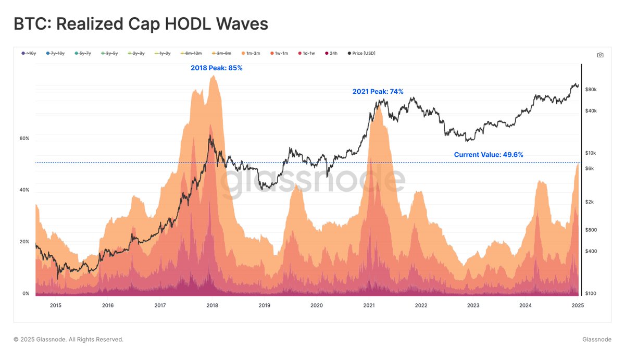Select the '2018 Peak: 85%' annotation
click(x=216, y=68)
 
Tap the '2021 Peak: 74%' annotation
click(x=378, y=92)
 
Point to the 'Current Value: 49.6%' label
click(x=488, y=155)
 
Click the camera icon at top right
click(x=600, y=55)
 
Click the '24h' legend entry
click(x=331, y=53)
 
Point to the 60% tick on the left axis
click(x=24, y=139)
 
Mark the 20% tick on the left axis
click(x=24, y=242)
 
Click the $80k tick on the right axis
click(x=591, y=90)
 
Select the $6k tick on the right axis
click(x=590, y=168)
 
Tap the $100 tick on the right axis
click(x=591, y=294)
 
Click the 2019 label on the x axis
click(x=265, y=306)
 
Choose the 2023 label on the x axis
click(x=473, y=306)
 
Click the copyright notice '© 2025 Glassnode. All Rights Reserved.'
click(x=68, y=340)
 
